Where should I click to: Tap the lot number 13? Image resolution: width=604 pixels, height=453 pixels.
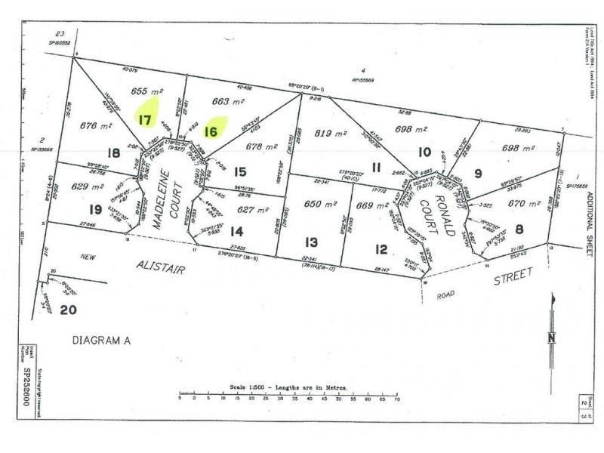(x=311, y=242)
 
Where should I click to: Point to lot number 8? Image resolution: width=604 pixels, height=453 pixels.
(x=519, y=230)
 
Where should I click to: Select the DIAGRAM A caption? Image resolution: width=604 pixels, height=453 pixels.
(x=101, y=341)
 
